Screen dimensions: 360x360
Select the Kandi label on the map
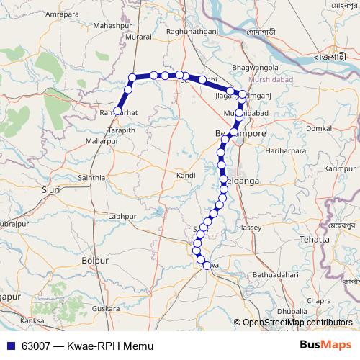[186, 175]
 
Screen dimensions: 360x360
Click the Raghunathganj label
[192, 31]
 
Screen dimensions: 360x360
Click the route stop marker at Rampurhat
[117, 111]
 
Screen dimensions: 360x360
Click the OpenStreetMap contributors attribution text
[297, 323]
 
